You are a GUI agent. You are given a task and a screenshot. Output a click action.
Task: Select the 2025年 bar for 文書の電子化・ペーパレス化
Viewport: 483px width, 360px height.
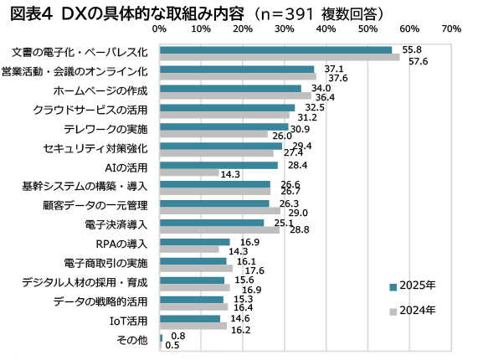tap(275, 50)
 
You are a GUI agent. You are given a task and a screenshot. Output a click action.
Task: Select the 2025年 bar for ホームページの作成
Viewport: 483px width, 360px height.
tap(230, 88)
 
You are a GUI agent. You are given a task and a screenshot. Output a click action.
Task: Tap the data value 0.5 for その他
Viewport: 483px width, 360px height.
tap(172, 345)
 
